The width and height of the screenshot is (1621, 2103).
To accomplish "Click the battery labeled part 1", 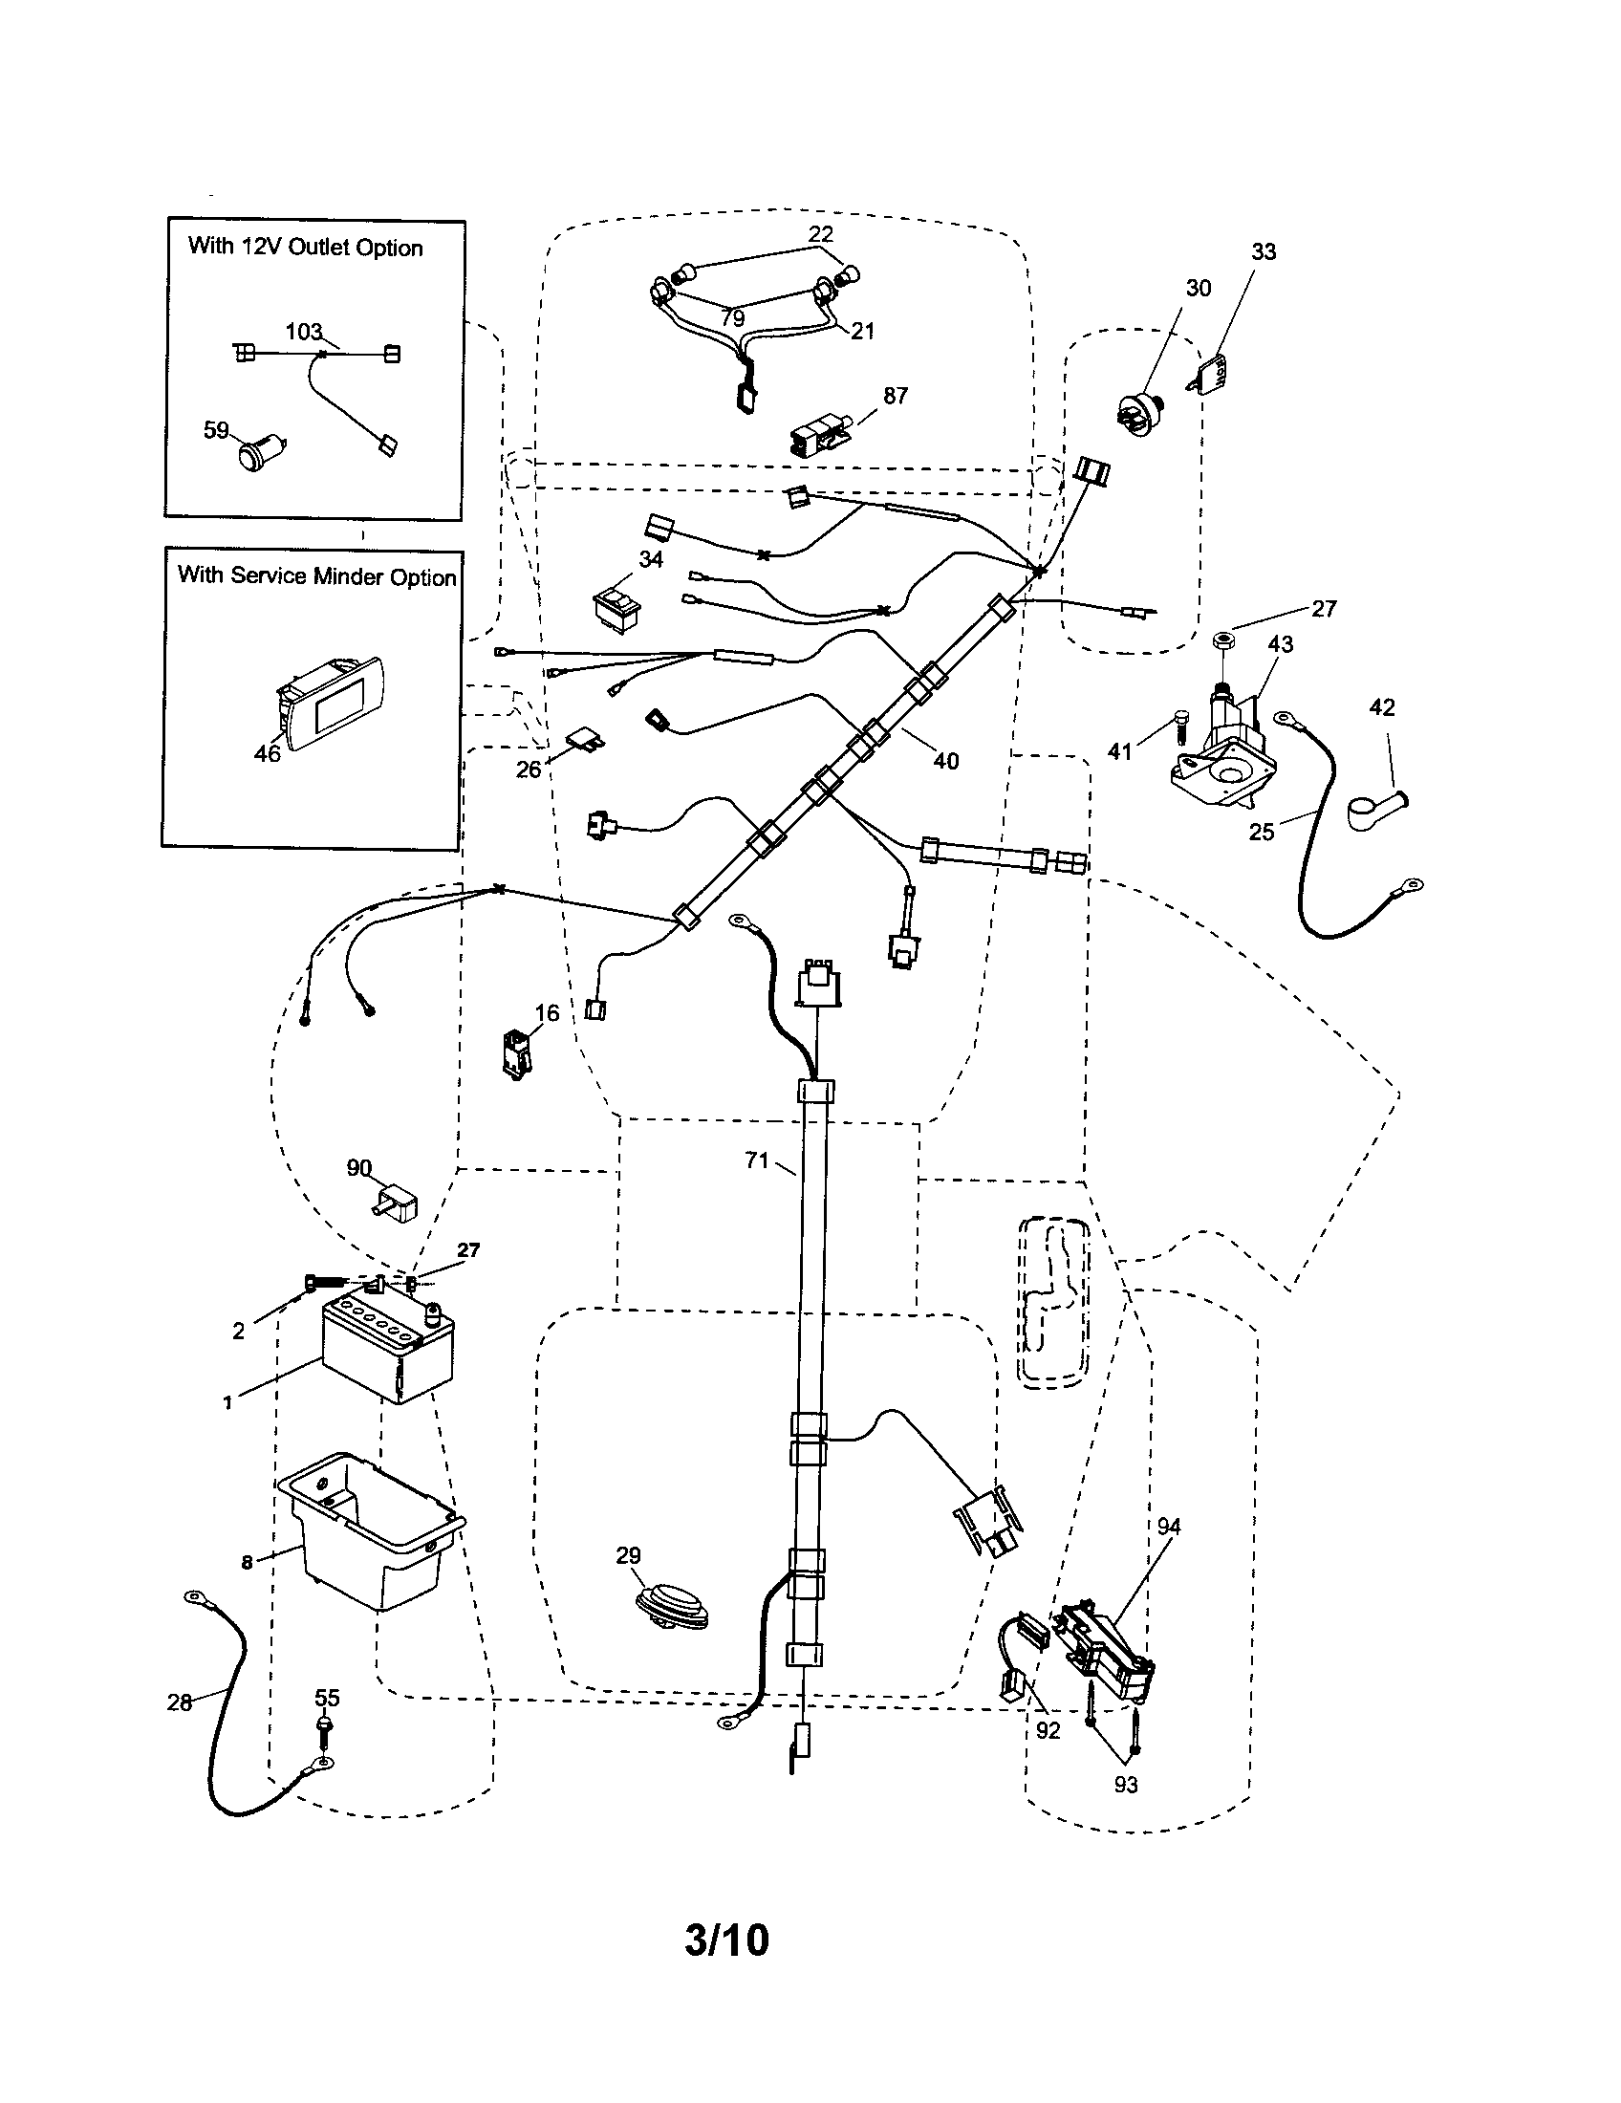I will click(385, 1348).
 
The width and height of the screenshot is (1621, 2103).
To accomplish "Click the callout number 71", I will click(757, 1160).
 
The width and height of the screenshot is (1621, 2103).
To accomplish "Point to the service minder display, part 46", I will click(332, 702).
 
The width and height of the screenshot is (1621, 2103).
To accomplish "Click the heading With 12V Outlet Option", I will click(305, 247).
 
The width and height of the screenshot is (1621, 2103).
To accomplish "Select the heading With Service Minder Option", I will click(315, 575).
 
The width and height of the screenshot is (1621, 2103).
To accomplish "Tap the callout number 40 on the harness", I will click(945, 761).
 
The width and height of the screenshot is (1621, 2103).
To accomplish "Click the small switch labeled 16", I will click(517, 1054).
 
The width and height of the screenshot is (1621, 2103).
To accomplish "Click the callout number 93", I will click(1125, 1785).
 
